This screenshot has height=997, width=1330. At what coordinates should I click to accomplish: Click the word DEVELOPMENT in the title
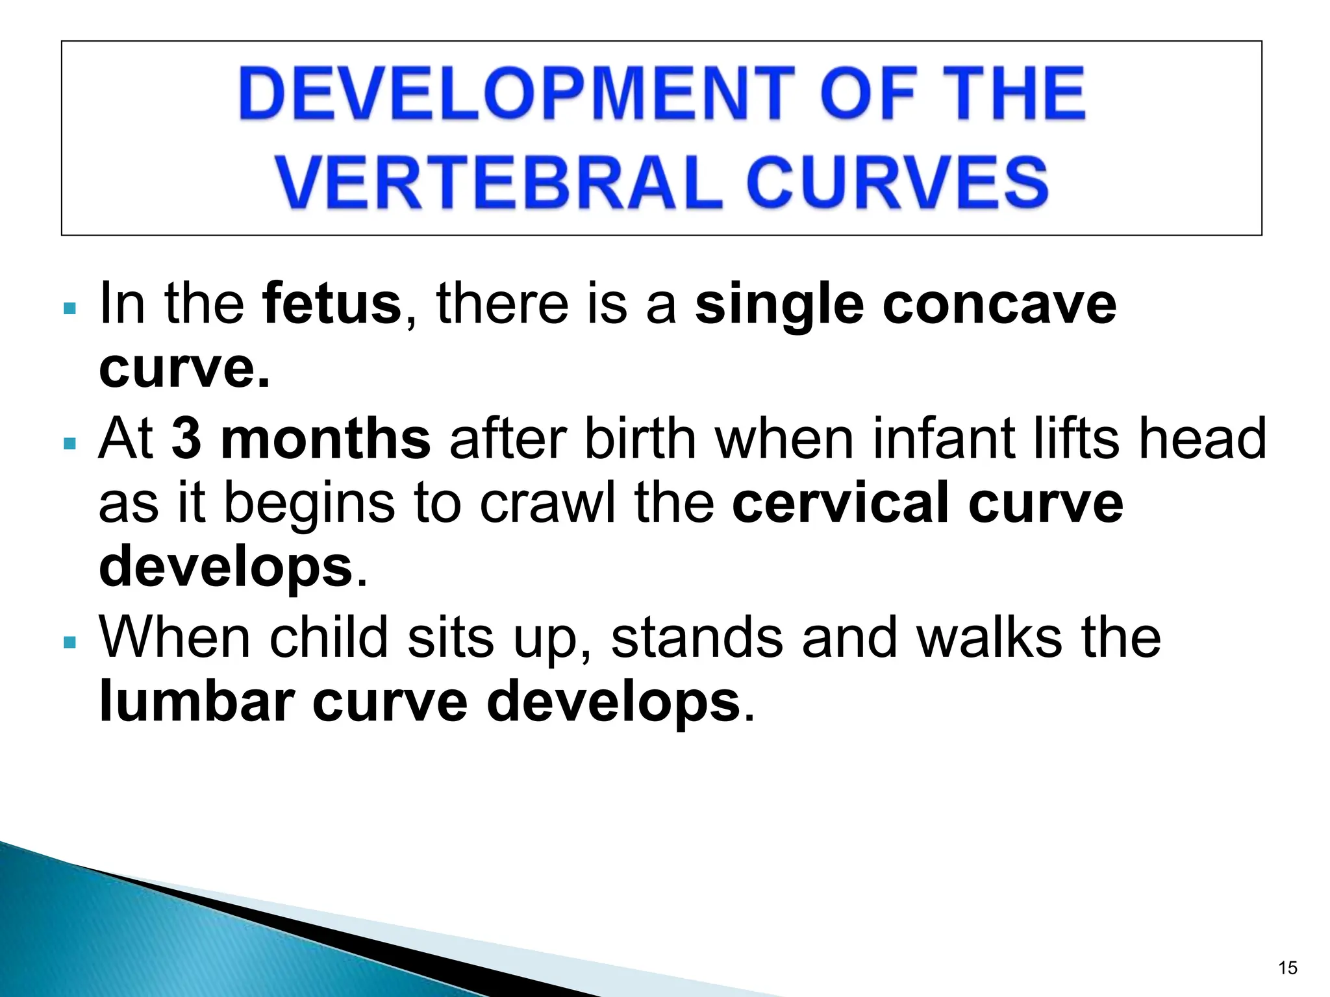[x=517, y=95]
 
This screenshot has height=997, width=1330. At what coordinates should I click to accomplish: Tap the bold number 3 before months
[x=186, y=439]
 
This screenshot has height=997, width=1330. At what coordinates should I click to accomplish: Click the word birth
[x=640, y=439]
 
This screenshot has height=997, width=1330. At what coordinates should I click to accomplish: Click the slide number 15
[x=1287, y=968]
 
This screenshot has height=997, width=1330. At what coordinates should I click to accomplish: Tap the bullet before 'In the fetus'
[x=71, y=308]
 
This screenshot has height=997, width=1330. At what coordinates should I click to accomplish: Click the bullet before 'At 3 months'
[x=71, y=444]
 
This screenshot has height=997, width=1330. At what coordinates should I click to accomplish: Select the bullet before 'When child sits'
[x=71, y=643]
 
